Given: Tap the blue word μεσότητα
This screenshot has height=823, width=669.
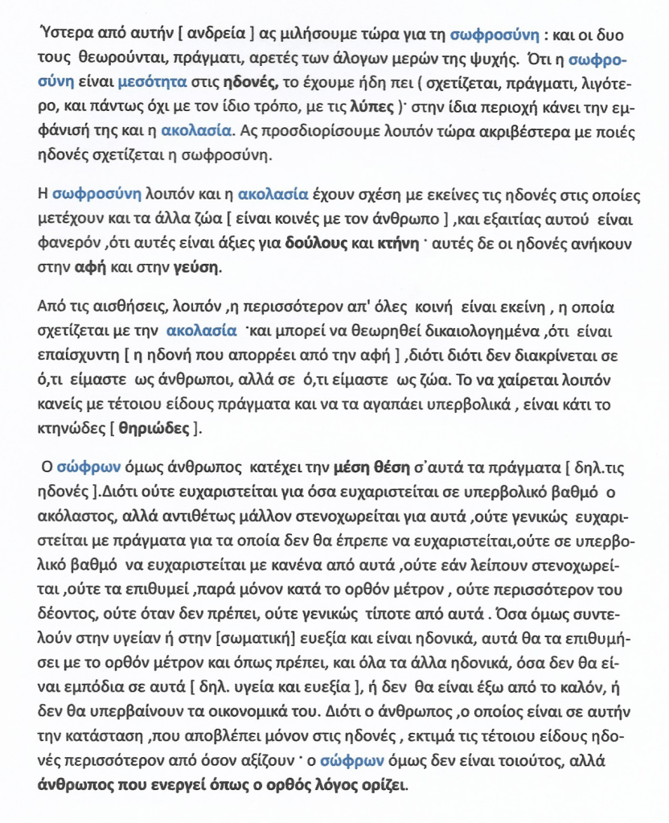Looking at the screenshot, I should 152,83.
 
